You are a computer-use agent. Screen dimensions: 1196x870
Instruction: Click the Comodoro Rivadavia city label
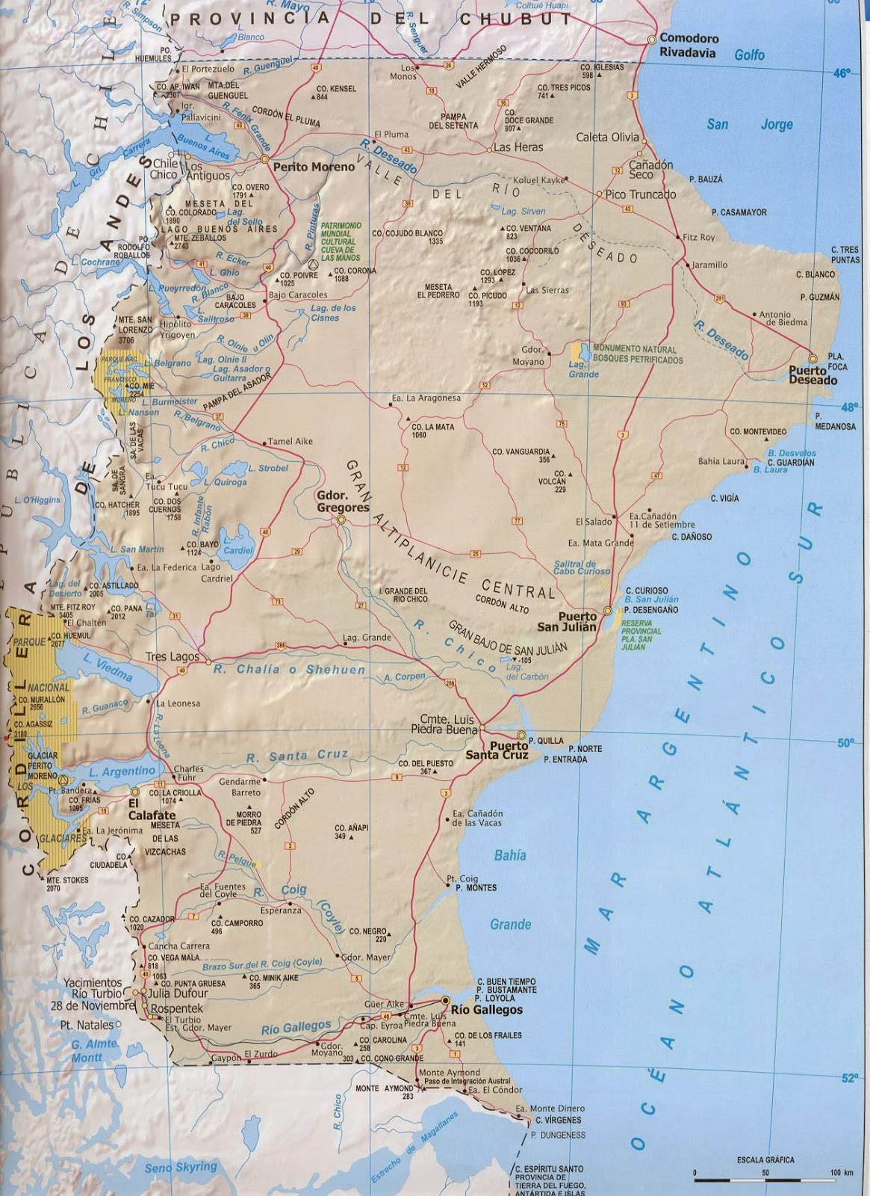(x=688, y=46)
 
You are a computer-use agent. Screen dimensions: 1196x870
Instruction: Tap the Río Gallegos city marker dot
(x=445, y=999)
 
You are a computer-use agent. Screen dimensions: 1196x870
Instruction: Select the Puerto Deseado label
(x=812, y=374)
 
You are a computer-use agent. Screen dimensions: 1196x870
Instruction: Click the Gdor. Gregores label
(x=343, y=502)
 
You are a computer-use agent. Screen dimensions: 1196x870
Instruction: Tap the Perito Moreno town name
(x=313, y=167)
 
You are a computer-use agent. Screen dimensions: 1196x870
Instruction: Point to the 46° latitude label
(x=841, y=73)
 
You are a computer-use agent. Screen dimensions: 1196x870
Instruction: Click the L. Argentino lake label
(x=122, y=771)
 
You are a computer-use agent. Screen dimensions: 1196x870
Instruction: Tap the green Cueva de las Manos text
(x=341, y=241)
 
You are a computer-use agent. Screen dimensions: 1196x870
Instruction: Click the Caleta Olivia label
(x=607, y=137)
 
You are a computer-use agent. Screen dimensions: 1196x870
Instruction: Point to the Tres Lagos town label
(x=172, y=656)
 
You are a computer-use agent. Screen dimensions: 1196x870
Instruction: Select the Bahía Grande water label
(x=510, y=890)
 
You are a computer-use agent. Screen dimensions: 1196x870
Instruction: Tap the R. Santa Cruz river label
(x=297, y=756)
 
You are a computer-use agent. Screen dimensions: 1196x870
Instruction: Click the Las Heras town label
(x=518, y=147)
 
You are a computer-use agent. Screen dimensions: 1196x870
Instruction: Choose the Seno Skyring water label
(x=181, y=1167)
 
